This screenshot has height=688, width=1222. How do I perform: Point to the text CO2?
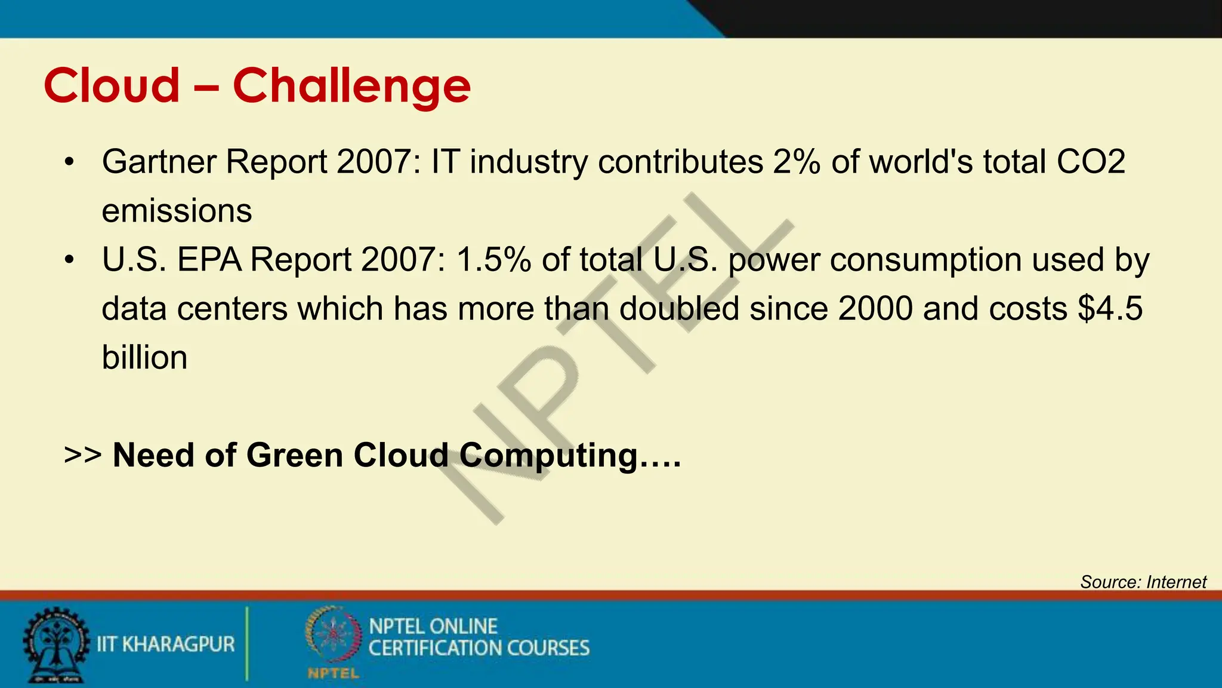[1091, 162]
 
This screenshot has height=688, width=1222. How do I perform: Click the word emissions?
[177, 211]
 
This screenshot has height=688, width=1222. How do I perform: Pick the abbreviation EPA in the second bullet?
[209, 260]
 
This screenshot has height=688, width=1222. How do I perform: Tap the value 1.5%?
[493, 260]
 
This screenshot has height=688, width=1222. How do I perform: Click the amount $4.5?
[1110, 309]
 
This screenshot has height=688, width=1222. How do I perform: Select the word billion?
[144, 358]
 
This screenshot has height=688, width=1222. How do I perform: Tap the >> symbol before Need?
[82, 455]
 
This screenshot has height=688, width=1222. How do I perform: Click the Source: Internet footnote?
[1143, 582]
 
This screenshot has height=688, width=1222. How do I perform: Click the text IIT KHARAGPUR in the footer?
[166, 644]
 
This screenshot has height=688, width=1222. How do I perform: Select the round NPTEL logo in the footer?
[333, 636]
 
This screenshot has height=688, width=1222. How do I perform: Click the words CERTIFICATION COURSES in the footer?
[479, 649]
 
